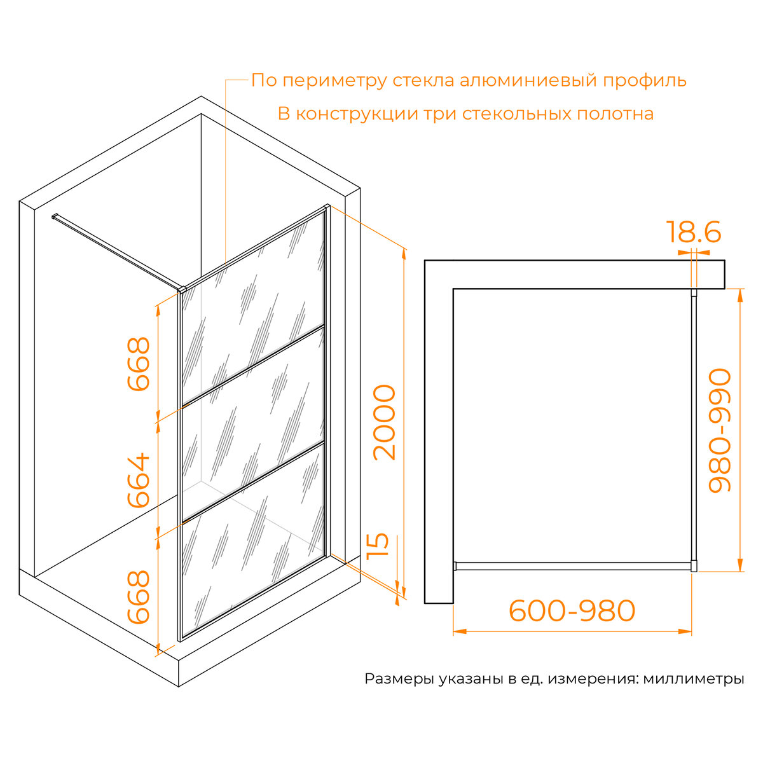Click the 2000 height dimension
(385, 422)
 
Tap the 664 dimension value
(139, 480)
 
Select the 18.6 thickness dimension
(694, 233)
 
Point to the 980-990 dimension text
(720, 430)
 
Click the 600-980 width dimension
(572, 611)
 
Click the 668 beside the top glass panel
(139, 364)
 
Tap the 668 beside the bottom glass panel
(139, 596)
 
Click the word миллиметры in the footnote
(693, 679)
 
